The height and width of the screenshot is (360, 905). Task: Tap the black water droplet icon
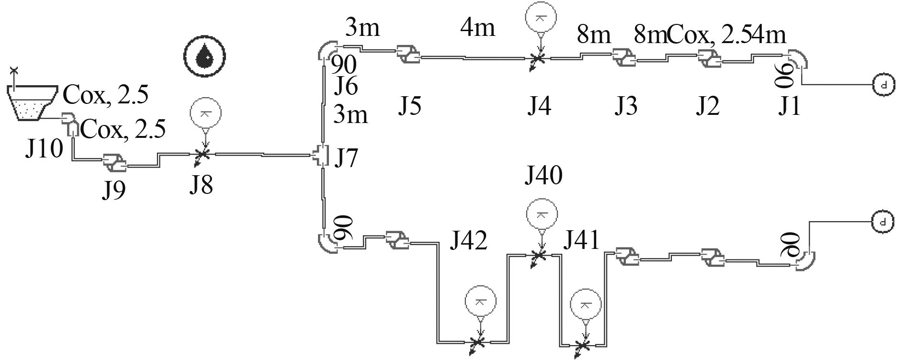[205, 55]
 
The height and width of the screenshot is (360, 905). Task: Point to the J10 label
[44, 149]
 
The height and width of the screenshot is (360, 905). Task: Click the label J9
[113, 190]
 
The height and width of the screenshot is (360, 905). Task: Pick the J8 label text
[201, 184]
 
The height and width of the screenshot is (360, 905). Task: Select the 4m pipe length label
[477, 28]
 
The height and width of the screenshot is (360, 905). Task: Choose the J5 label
[410, 106]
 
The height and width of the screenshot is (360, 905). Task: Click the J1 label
[789, 106]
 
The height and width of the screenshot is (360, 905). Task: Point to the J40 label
[543, 176]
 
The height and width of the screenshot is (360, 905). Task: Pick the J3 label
[626, 106]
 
